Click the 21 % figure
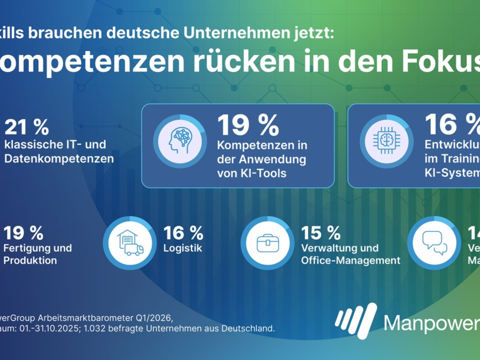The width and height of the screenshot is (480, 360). point(26,127)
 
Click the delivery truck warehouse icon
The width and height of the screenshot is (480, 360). point(130,243)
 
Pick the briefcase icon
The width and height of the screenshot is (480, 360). point(267,243)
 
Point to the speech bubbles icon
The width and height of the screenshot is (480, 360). point(434,243)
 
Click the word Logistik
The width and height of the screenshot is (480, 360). point(183,248)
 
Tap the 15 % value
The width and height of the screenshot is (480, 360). point(321,233)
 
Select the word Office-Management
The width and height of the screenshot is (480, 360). point(350,261)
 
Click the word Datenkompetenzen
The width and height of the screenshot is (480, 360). point(59,159)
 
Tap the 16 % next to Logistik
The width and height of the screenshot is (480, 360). point(183,233)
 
